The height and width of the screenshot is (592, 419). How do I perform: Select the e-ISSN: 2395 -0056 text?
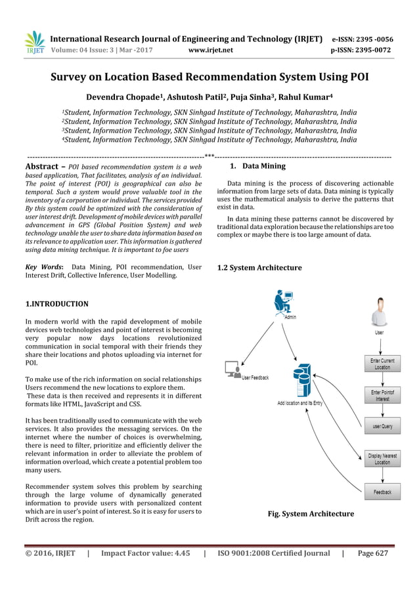(x=362, y=38)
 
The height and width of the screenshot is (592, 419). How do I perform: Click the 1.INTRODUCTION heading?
(x=56, y=304)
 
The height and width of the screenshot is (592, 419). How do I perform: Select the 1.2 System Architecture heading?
(x=259, y=268)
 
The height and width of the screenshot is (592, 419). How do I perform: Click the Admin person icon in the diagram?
(x=283, y=303)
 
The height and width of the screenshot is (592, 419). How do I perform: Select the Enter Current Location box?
(x=382, y=364)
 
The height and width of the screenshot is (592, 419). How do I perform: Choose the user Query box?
(x=382, y=426)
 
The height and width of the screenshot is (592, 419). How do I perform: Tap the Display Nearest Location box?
(x=382, y=458)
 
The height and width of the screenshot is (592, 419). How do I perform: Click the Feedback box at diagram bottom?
(x=382, y=492)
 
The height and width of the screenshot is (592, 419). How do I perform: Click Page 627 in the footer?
(x=372, y=553)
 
